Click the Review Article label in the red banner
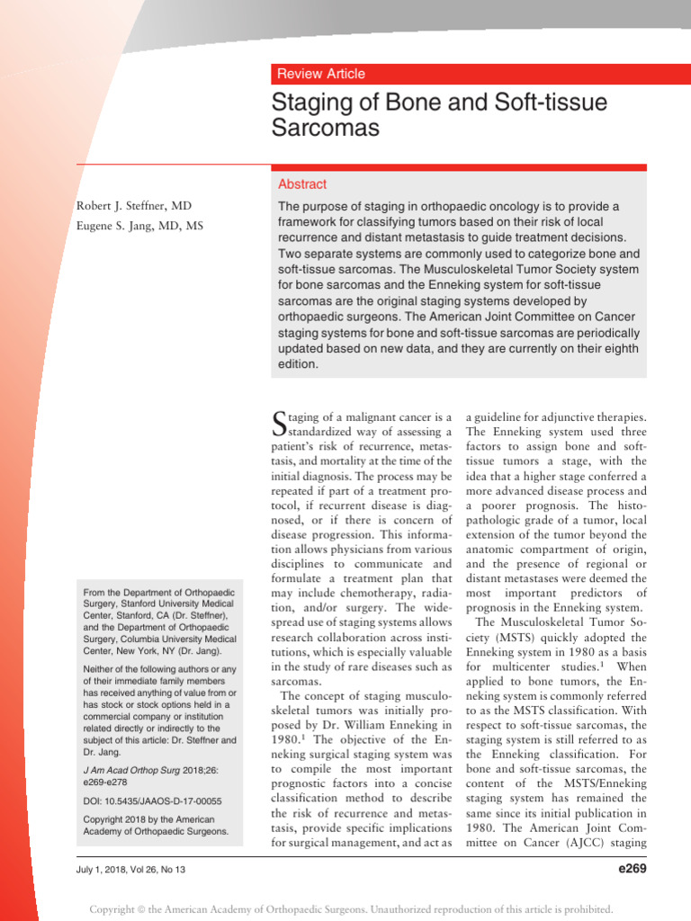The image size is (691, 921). click(x=321, y=74)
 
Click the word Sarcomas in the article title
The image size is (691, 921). click(x=325, y=128)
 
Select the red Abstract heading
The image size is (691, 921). click(x=302, y=183)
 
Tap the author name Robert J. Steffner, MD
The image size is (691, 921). click(x=133, y=206)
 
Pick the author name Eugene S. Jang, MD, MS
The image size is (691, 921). click(x=139, y=226)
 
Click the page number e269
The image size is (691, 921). click(x=627, y=868)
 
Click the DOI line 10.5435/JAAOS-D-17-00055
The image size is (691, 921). click(x=152, y=800)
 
